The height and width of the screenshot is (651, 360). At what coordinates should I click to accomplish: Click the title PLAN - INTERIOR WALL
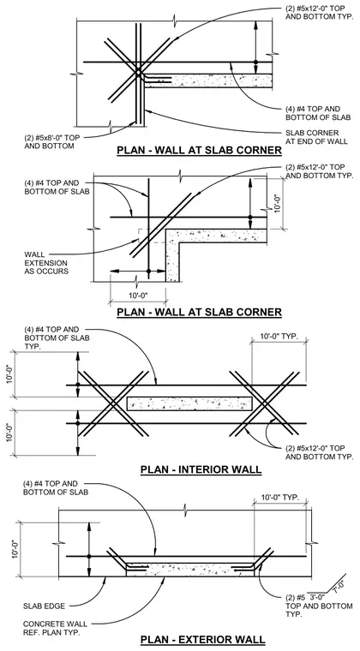[x=201, y=469]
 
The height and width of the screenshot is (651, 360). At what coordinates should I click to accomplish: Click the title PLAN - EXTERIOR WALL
[x=202, y=639]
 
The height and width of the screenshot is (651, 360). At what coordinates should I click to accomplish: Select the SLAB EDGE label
[x=44, y=606]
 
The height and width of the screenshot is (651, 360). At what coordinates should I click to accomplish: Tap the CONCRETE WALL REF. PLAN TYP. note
[x=55, y=629]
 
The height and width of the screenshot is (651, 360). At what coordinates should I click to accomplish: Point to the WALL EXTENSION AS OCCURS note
[x=45, y=263]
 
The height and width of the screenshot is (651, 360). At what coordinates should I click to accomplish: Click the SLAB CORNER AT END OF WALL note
[x=317, y=137]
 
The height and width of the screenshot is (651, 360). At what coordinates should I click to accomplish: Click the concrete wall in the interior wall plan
[x=189, y=404]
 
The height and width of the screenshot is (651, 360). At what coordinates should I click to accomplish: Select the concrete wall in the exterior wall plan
[x=190, y=570]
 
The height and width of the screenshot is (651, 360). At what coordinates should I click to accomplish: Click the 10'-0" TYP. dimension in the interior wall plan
[x=279, y=337]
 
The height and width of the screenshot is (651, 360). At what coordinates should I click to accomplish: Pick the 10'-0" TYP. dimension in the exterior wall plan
[x=280, y=498]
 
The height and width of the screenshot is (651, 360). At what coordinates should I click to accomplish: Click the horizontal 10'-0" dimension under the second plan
[x=138, y=296]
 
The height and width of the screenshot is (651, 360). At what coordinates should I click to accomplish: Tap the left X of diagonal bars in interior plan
[x=113, y=403]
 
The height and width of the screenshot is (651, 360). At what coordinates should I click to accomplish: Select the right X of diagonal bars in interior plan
[x=265, y=403]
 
